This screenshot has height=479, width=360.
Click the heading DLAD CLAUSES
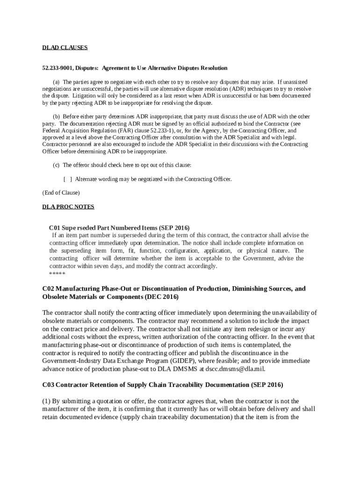[65, 48]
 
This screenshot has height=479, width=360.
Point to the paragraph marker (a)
[56, 82]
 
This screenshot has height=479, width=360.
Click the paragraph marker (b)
[56, 116]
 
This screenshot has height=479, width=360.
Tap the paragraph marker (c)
[56, 165]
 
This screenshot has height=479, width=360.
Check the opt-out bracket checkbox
[68, 179]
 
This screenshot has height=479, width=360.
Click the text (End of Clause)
[61, 193]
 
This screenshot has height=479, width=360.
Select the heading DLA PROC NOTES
[68, 206]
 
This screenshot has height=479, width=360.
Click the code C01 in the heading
[55, 228]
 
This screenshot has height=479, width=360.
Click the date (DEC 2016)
[162, 298]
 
